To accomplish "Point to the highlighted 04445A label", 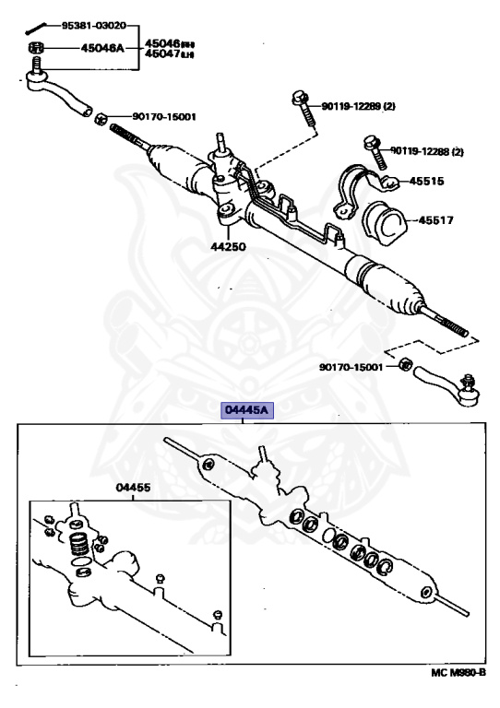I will [x=244, y=409].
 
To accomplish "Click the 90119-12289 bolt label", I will [x=359, y=107].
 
